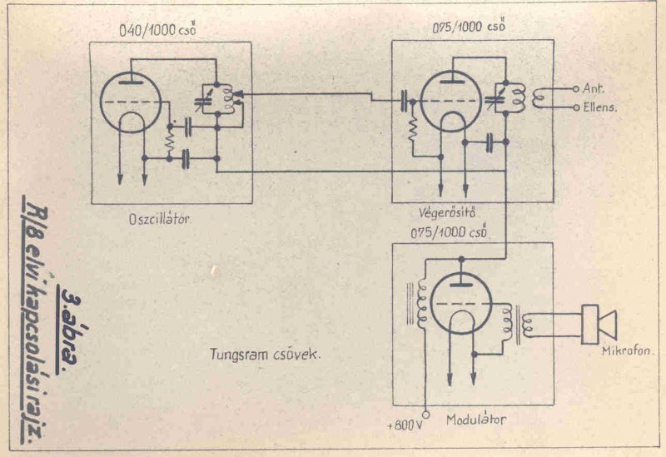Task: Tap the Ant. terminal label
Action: pyautogui.click(x=593, y=87)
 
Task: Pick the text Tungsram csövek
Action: pyautogui.click(x=266, y=353)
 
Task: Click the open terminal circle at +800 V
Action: pyautogui.click(x=425, y=414)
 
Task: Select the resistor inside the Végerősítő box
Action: pyautogui.click(x=411, y=132)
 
